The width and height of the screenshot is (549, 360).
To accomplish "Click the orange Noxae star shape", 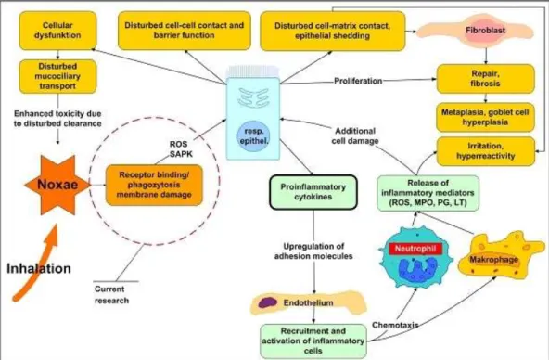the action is tap(57, 185).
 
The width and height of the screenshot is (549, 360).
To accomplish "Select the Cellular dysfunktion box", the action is tap(57, 31).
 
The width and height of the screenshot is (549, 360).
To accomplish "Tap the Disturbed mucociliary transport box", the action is tap(57, 76).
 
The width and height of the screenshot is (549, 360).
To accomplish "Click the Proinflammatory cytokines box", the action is tap(313, 192).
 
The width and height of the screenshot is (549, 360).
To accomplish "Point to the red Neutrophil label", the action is tap(415, 249).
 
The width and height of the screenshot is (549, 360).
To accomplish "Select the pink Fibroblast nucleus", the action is tap(486, 31).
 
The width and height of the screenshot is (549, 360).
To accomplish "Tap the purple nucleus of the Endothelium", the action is tap(268, 302).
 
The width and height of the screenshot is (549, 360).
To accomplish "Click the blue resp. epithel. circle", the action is tap(254, 136).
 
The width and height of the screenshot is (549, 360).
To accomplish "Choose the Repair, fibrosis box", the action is tap(486, 79).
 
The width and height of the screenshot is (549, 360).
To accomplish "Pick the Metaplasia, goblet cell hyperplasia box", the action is tap(486, 117).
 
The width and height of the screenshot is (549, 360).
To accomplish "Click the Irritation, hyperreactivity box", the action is tap(486, 151).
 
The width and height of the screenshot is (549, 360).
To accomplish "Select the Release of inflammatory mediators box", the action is tap(428, 193).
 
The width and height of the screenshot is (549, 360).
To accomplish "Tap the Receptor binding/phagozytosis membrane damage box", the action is tap(154, 185).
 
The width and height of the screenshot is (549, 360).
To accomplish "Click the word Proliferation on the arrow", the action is tap(358, 81).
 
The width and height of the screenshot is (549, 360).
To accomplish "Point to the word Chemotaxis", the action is tap(395, 325).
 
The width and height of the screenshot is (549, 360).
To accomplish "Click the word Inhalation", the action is tap(39, 268).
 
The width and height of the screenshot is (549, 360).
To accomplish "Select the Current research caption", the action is tap(111, 295).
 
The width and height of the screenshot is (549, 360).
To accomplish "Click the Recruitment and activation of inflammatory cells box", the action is tap(313, 341).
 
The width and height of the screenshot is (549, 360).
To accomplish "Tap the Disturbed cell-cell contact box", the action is tap(185, 31).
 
